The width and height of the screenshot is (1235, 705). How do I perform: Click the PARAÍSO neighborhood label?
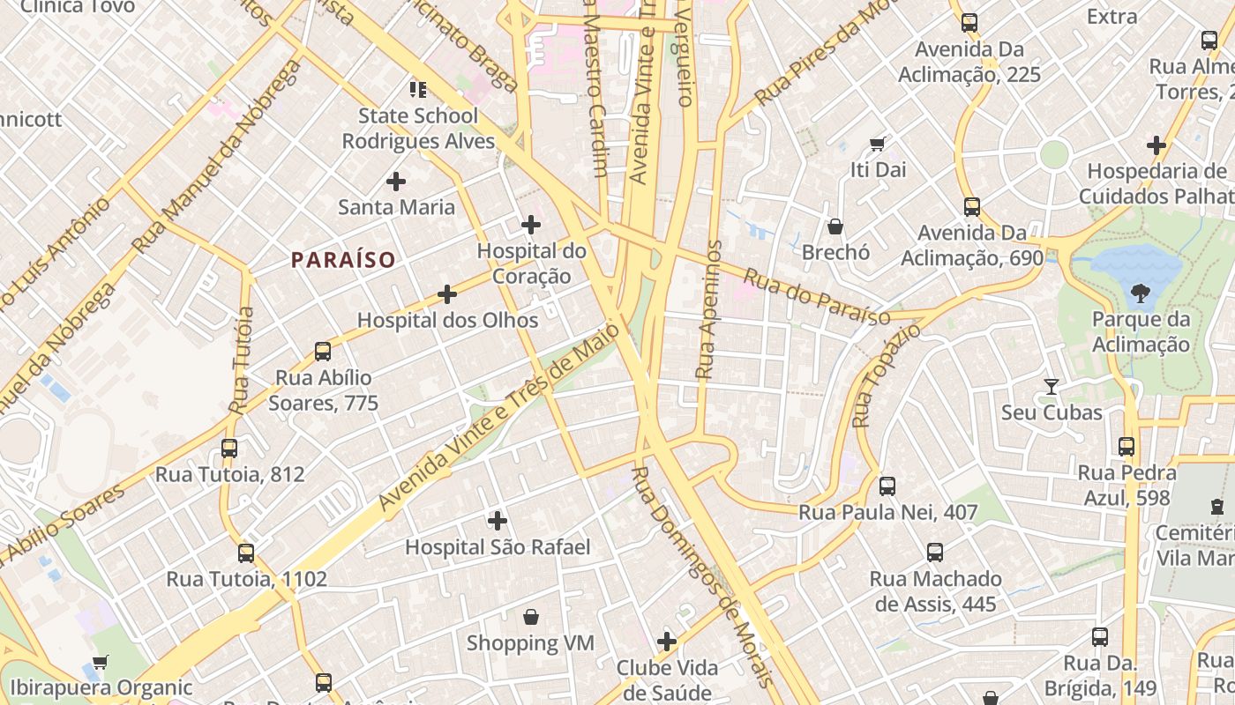pos(343,259)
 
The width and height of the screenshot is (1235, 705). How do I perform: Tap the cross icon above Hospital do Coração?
pos(531,225)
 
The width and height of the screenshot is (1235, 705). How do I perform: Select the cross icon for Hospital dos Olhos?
pos(447,294)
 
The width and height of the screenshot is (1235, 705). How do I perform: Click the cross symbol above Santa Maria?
pos(396,182)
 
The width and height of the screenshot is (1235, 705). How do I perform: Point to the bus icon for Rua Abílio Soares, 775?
pos(323,352)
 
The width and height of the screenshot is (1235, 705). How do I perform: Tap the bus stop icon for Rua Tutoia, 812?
pos(229,448)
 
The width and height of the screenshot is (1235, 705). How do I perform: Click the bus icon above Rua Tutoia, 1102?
pos(246,553)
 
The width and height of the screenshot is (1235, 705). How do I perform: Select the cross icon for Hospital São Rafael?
pos(498,521)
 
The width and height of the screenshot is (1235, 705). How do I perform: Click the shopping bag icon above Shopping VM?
pos(531,617)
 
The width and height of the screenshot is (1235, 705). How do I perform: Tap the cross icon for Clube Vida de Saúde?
pos(667,641)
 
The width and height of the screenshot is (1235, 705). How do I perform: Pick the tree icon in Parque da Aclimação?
pos(1141,293)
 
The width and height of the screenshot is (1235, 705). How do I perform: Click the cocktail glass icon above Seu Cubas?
pos(1052,386)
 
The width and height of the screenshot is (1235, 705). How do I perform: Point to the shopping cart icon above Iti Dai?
pos(877,143)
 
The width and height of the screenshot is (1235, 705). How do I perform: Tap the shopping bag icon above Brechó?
pos(835,226)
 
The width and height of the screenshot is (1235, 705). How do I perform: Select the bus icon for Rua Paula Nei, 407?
pos(887,486)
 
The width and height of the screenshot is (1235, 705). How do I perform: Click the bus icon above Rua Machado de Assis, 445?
pos(935,553)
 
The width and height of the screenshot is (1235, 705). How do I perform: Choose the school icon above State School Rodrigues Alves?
pos(418,89)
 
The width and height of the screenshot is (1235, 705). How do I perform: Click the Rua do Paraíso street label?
pos(816,297)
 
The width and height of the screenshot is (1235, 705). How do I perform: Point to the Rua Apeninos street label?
pos(708,310)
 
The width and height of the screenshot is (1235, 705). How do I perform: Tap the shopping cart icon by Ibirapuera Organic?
pos(101,662)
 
